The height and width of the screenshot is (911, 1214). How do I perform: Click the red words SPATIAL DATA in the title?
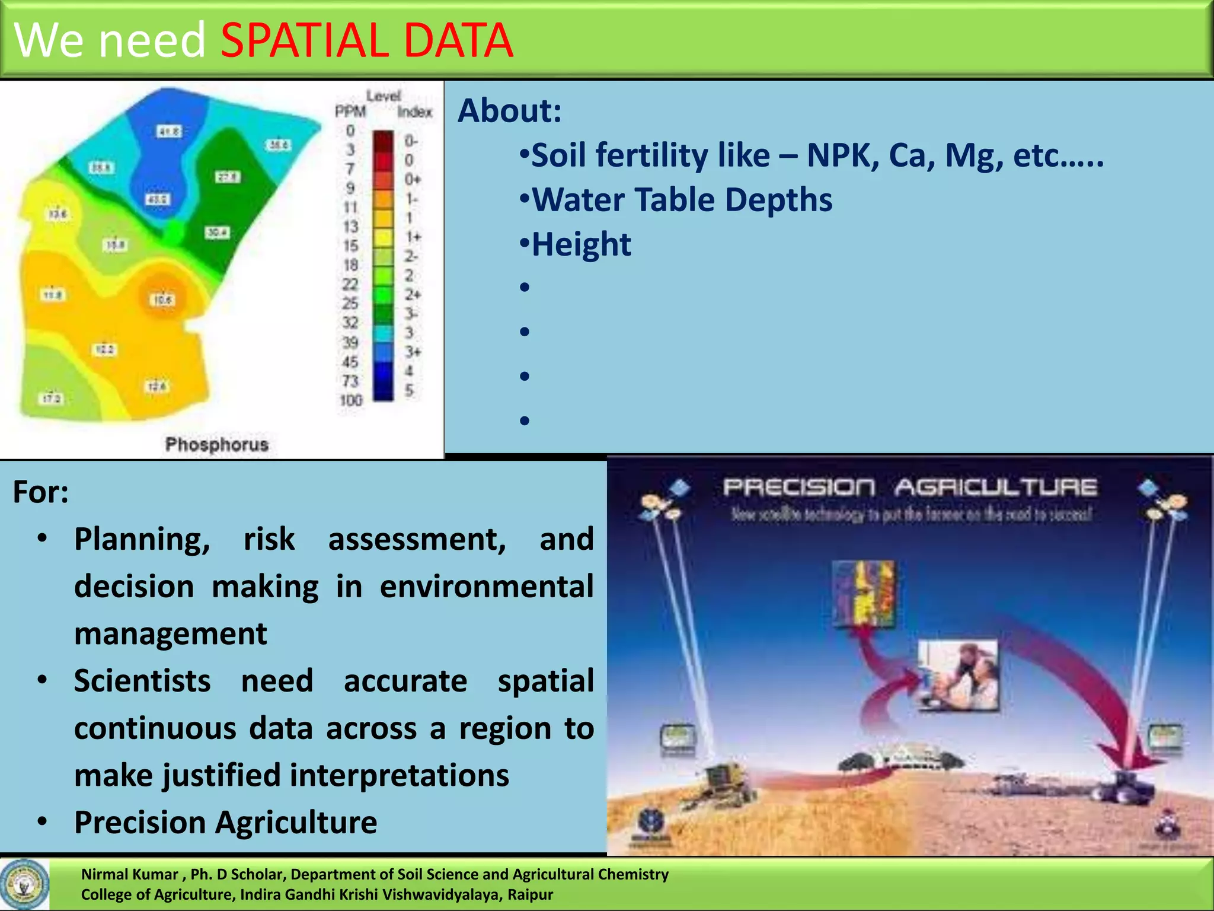tap(366, 40)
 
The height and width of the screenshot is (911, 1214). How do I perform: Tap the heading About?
tap(510, 111)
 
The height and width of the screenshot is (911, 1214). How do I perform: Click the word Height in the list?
tap(581, 244)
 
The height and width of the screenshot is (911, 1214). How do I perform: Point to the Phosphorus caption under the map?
tap(217, 444)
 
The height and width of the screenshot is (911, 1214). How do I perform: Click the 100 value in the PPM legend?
tap(350, 400)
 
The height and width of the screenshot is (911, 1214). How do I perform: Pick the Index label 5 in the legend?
tap(409, 390)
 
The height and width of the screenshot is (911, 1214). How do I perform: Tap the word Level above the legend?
tap(384, 95)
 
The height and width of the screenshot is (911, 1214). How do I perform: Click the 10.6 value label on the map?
tap(162, 300)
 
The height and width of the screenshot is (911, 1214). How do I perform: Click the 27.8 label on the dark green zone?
tap(228, 177)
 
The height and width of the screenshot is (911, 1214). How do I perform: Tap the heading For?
tap(40, 492)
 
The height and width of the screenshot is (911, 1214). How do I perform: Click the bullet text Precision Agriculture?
tap(225, 823)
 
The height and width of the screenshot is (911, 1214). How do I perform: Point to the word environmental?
tap(486, 587)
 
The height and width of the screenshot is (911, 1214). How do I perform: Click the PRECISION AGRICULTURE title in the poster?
tap(909, 488)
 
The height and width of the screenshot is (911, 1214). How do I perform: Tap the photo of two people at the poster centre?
tap(958, 674)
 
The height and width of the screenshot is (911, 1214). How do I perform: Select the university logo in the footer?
tap(24, 884)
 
